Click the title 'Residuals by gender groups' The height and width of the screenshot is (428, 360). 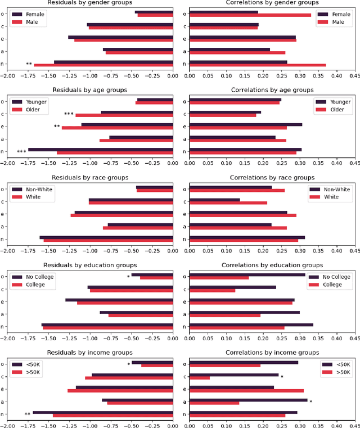click(x=89, y=3)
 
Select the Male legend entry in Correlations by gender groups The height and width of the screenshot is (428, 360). click(x=332, y=22)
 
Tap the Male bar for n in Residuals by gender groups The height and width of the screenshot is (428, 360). click(x=103, y=65)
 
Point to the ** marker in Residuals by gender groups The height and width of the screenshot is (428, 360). click(x=29, y=64)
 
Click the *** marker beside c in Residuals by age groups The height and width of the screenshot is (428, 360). click(x=69, y=114)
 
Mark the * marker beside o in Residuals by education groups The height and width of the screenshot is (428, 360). click(x=128, y=277)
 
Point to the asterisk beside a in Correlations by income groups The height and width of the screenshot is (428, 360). click(x=310, y=402)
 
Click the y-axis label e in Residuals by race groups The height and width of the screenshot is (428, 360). click(x=3, y=214)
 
